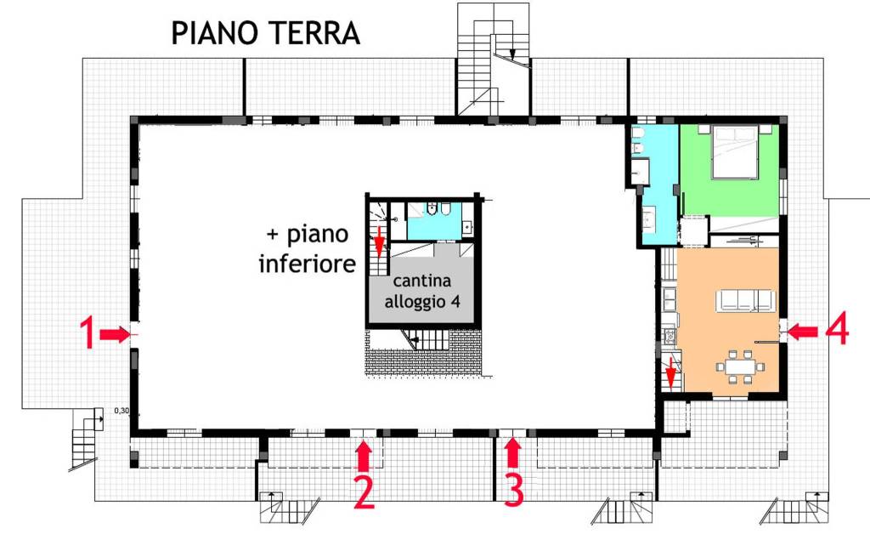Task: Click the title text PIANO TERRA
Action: pos(266,33)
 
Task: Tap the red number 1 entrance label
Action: pos(86,333)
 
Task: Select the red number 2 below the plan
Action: pos(364,492)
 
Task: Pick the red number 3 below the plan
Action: pos(513,491)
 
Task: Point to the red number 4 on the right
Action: pos(837,331)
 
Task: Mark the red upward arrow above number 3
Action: pos(512,454)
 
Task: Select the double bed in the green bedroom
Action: pos(734,151)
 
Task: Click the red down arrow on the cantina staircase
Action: pos(379,244)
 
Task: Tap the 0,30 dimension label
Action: pos(122,412)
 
